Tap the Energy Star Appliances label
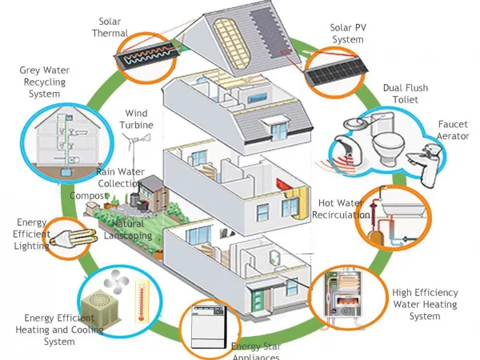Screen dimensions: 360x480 coord(255,351)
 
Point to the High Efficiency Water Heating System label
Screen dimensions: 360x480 coord(424,304)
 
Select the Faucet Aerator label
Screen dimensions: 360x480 coord(453,130)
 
